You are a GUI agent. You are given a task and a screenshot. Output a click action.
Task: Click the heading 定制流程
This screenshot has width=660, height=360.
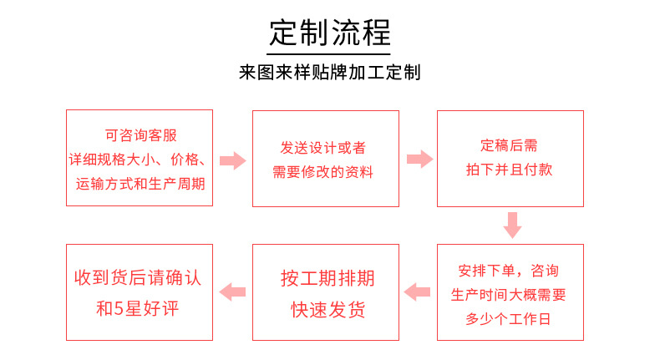(330, 33)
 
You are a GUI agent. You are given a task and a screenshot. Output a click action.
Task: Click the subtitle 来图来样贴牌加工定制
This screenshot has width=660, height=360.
(330, 72)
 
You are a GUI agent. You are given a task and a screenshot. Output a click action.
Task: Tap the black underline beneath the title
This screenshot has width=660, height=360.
(330, 53)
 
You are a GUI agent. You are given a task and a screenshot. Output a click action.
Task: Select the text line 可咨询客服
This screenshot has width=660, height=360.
(140, 134)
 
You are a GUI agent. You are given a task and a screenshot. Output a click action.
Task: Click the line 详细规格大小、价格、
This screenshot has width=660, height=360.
(140, 158)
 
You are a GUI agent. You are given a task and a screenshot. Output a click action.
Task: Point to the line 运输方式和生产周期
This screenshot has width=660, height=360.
(140, 181)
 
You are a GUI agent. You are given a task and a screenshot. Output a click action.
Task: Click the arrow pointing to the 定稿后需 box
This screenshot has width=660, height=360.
(419, 160)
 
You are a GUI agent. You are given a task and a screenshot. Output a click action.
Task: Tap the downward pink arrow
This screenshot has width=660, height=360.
(512, 225)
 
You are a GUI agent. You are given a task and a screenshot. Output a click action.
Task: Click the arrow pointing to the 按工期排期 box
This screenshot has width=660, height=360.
(417, 292)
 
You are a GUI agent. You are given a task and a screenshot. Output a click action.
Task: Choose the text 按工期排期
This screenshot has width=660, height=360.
(327, 278)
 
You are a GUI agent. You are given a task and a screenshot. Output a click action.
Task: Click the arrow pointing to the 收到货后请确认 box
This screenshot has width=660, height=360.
(232, 292)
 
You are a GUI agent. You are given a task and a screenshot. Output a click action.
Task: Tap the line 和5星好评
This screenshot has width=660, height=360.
(139, 308)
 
